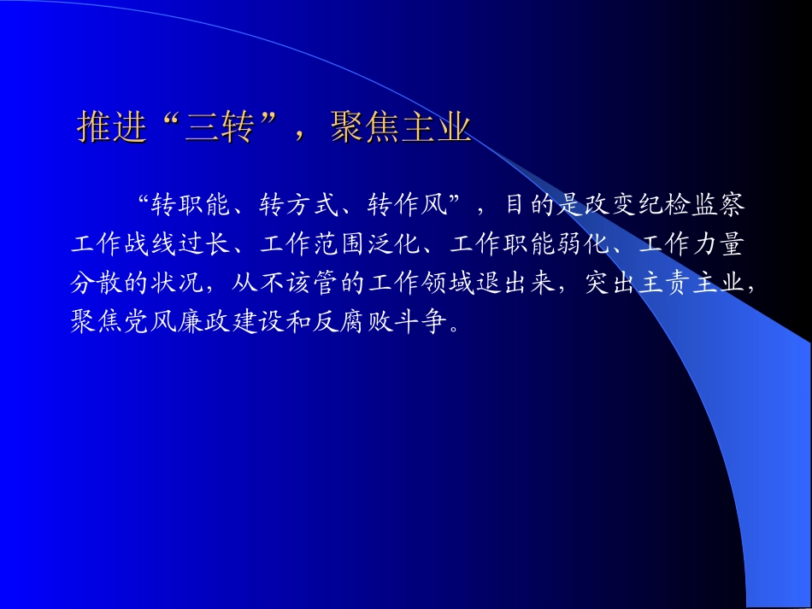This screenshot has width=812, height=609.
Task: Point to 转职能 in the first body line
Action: (191, 206)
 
